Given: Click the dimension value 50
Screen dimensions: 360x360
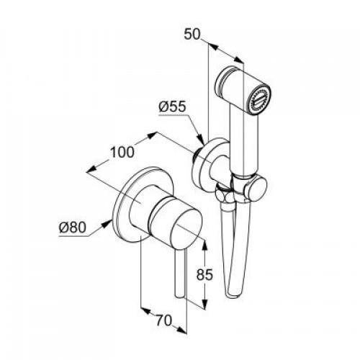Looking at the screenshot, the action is [x=192, y=35].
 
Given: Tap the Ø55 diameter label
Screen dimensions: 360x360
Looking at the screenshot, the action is [x=172, y=106].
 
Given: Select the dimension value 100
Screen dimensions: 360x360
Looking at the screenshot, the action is [x=122, y=152].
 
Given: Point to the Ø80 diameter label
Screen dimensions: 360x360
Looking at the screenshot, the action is [x=72, y=227].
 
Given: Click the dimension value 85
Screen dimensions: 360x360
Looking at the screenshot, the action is [x=204, y=274].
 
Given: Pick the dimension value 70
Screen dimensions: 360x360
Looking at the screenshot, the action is [x=164, y=320].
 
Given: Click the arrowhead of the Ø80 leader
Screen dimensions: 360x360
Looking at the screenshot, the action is [x=107, y=224].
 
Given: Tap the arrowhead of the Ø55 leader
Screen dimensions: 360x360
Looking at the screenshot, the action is [x=201, y=140].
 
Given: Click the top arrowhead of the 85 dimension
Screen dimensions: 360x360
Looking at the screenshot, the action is [x=204, y=246].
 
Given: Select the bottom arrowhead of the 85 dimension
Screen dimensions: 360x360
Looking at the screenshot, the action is [x=204, y=303].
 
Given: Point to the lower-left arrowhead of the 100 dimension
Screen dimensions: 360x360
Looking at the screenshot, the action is [x=91, y=169].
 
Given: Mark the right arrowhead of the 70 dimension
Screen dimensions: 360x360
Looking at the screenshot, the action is [x=181, y=330].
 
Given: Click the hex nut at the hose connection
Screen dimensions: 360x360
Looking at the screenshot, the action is [x=225, y=194].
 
